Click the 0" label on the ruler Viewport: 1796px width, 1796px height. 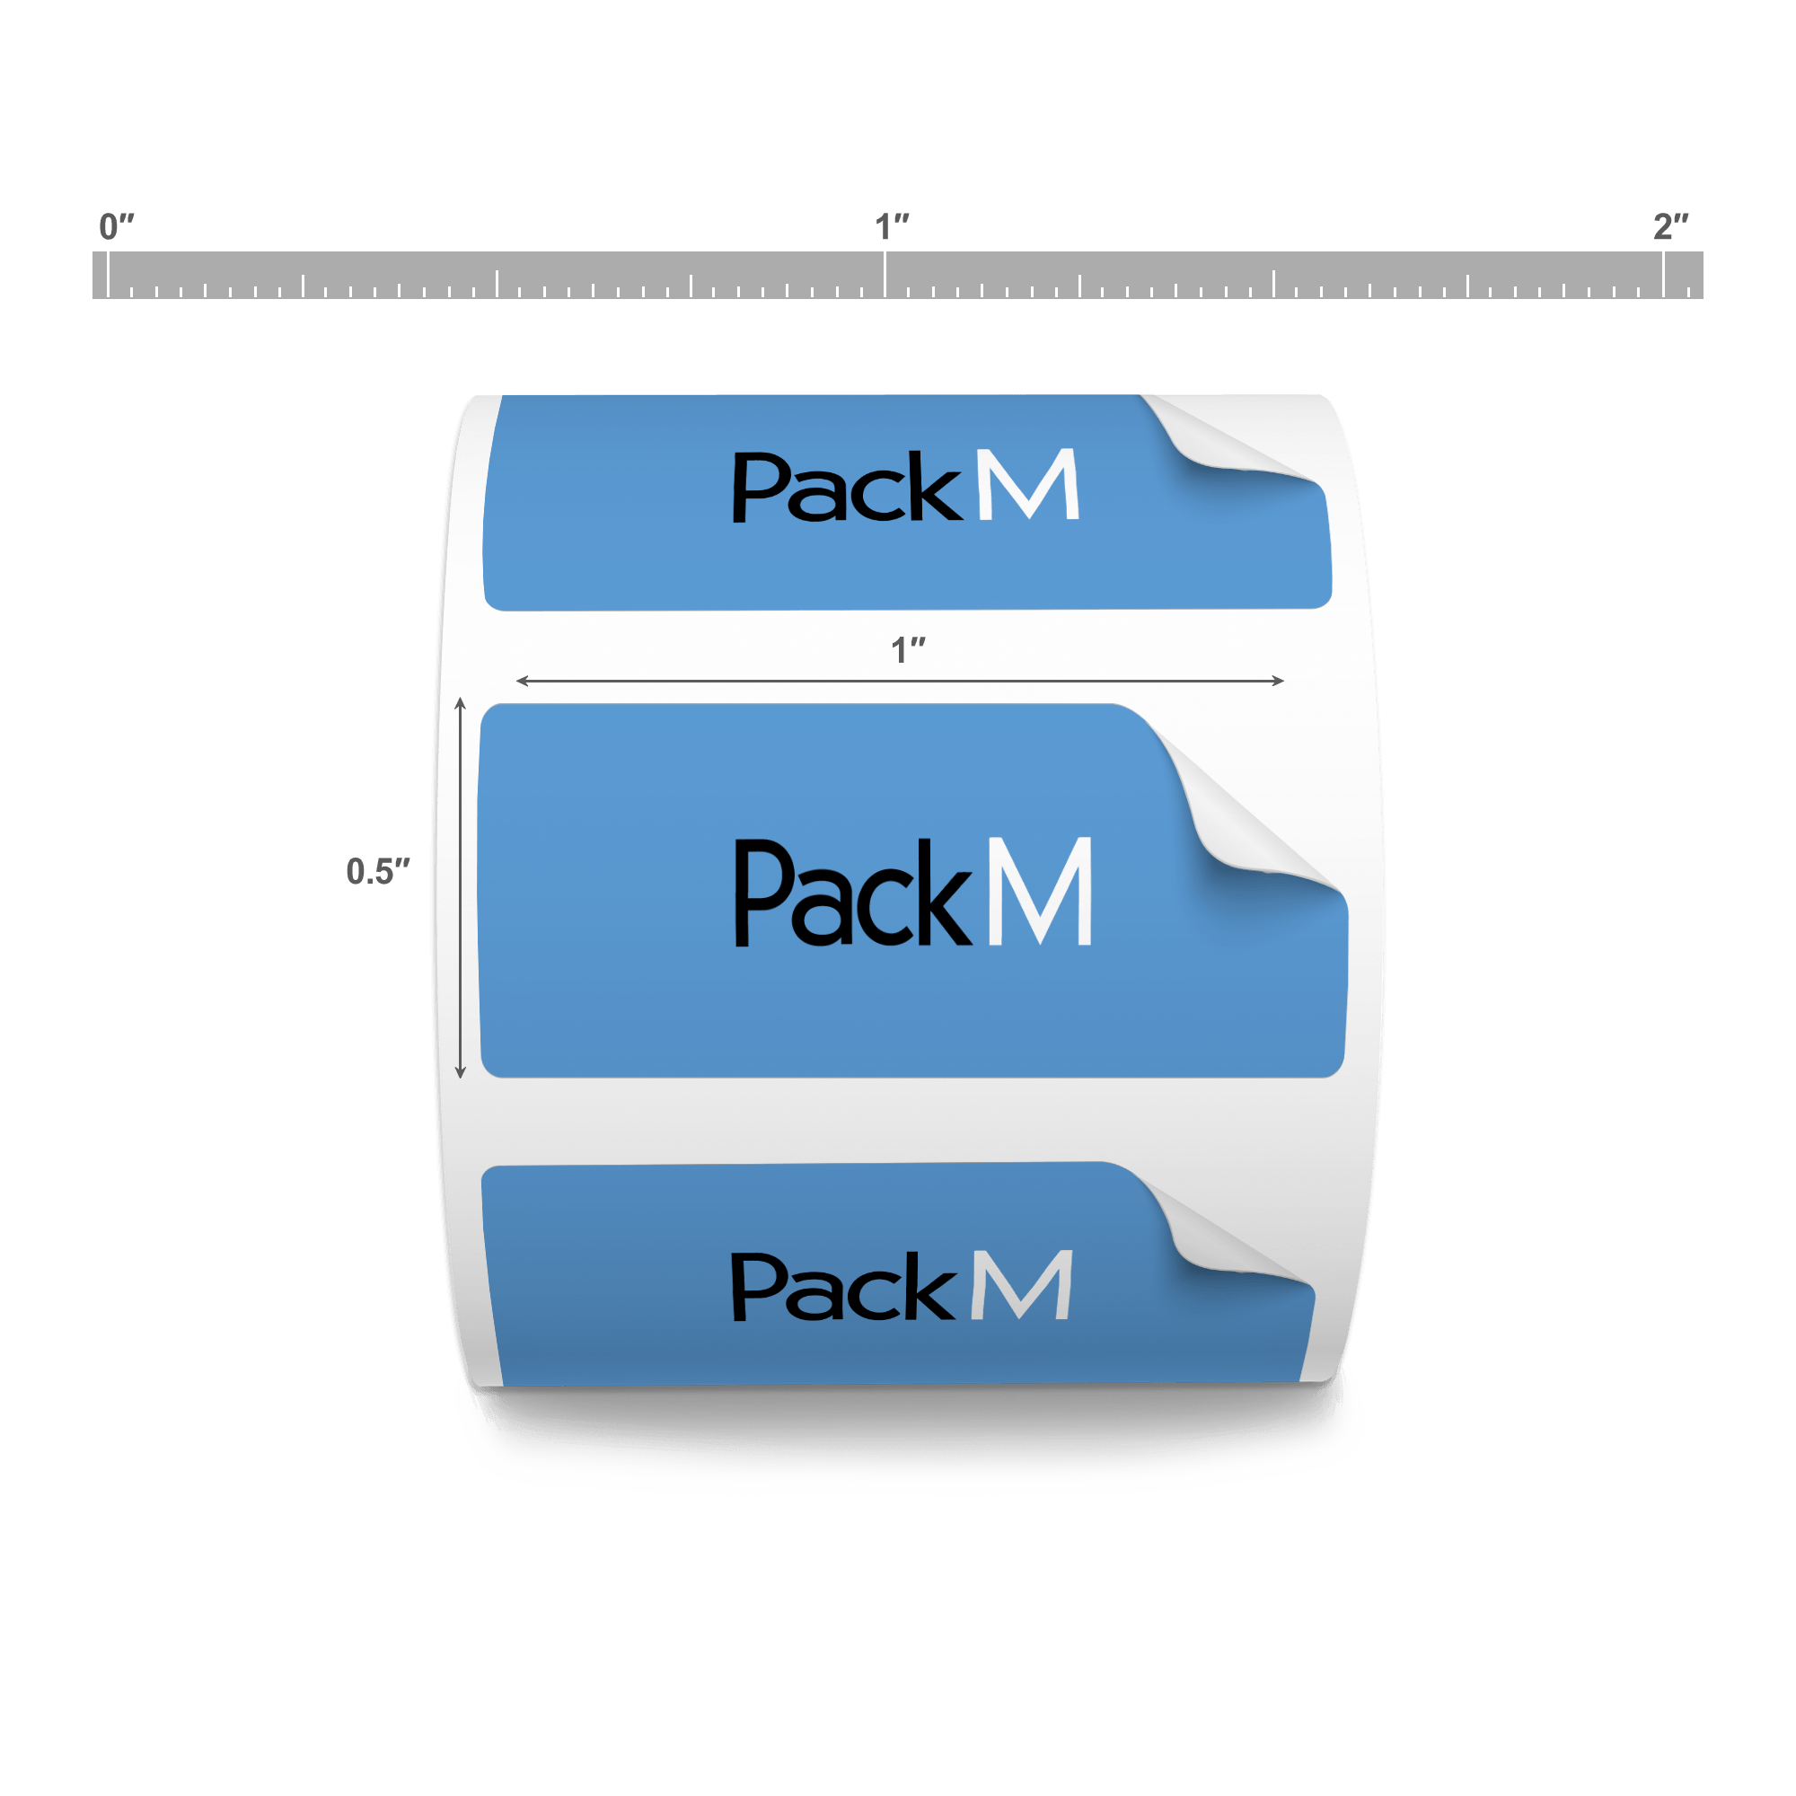tap(116, 226)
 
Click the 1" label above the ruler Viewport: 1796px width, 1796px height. tap(892, 226)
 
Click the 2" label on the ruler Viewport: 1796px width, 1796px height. tap(1669, 226)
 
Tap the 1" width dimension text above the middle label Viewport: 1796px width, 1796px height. tap(908, 650)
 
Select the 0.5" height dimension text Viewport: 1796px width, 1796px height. tap(377, 871)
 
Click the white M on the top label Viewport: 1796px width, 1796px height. tap(1029, 484)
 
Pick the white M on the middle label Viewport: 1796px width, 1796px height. tap(1039, 892)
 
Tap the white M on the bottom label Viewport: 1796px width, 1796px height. tap(1022, 1286)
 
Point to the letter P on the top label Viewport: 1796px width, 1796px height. tap(757, 486)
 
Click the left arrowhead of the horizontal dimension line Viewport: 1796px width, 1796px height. tap(522, 682)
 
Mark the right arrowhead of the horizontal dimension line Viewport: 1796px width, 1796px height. tap(1279, 682)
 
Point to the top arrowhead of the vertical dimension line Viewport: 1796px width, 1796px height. tap(460, 703)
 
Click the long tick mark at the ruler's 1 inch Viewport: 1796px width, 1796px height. tap(884, 275)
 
